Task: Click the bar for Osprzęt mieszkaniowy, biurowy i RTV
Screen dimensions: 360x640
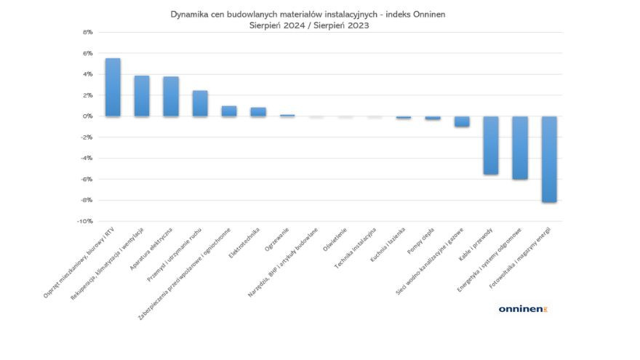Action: click(x=113, y=87)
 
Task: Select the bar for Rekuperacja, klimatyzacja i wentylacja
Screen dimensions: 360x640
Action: click(x=142, y=96)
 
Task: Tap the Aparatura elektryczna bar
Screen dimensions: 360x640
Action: click(x=171, y=97)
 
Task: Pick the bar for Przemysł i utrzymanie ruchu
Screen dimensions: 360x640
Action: click(x=200, y=103)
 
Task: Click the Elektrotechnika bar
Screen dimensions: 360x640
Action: click(x=258, y=112)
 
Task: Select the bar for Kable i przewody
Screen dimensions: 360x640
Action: click(x=491, y=145)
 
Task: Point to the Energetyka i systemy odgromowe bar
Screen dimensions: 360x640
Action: click(x=520, y=148)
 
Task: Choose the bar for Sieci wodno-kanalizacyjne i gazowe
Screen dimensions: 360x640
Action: click(x=462, y=121)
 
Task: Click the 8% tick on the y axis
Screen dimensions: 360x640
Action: click(x=87, y=32)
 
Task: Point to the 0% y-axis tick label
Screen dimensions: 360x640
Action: click(x=87, y=116)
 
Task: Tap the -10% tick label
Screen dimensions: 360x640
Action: click(x=85, y=221)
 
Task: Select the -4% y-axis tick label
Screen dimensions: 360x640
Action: click(x=87, y=159)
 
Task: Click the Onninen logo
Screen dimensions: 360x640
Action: click(x=522, y=309)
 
